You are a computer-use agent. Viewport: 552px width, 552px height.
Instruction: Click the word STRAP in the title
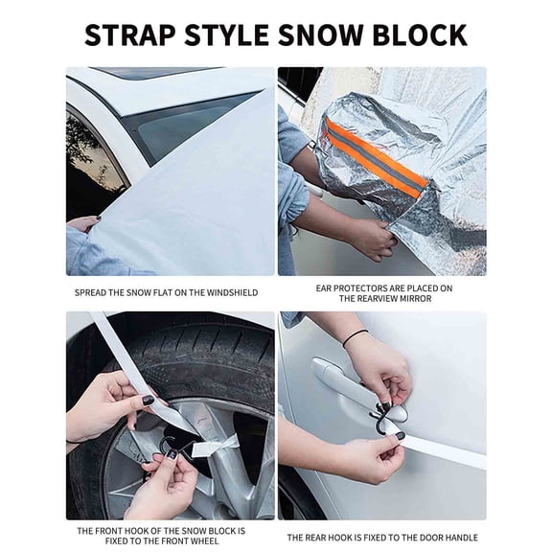click(130, 34)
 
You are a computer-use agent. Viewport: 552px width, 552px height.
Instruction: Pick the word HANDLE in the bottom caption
click(458, 538)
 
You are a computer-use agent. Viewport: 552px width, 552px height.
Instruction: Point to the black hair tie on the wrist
click(355, 336)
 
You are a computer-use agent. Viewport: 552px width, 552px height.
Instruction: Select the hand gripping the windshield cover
click(83, 223)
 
